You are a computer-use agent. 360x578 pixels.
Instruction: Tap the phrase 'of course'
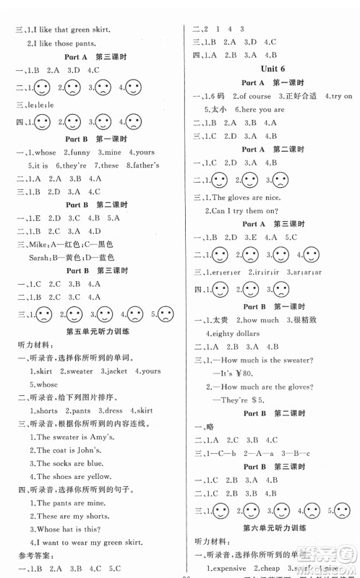tap(254, 96)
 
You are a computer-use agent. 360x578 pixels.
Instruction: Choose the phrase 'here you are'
tap(260, 109)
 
